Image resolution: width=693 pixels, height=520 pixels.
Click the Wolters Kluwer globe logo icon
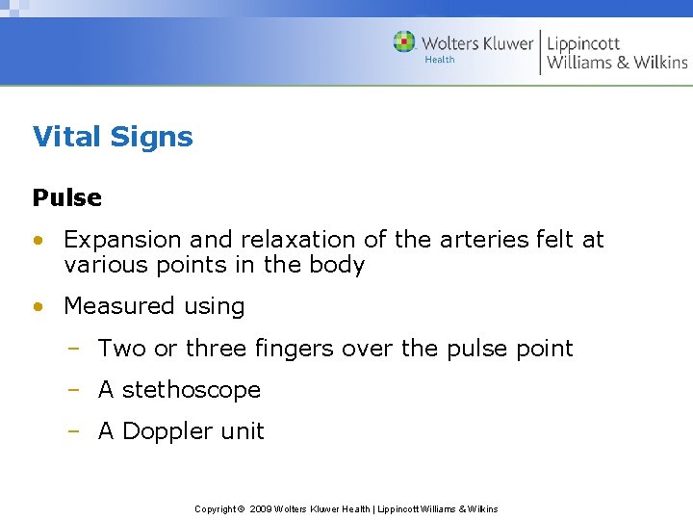click(x=404, y=42)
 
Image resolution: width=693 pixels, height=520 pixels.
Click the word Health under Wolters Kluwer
click(x=440, y=60)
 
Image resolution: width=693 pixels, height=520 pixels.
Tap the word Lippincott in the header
click(x=583, y=43)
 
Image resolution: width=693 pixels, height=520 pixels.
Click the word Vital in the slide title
click(x=65, y=137)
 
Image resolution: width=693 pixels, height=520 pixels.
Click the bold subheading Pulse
click(x=66, y=197)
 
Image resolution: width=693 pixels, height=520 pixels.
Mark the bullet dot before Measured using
click(x=38, y=307)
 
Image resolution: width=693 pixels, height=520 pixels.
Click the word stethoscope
click(x=192, y=390)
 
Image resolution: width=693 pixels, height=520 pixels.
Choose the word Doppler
click(x=169, y=432)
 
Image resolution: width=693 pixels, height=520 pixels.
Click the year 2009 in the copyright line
click(x=261, y=508)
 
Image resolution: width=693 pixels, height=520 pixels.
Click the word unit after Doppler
click(x=243, y=431)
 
